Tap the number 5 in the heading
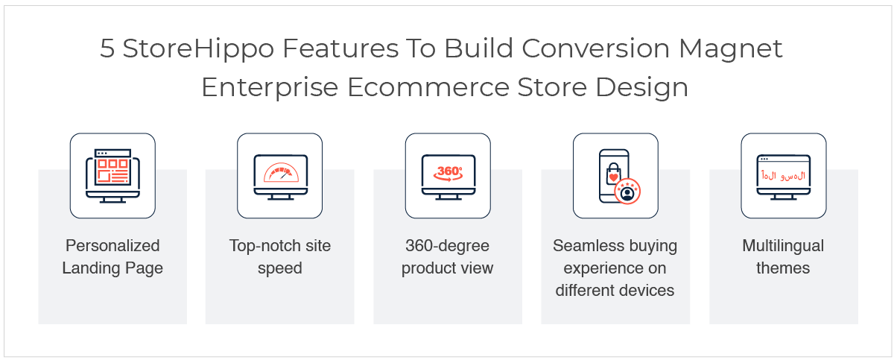pos(107,48)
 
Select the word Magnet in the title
pos(730,49)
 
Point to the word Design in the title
pos(641,88)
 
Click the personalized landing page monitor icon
pos(112,176)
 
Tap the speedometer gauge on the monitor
pos(281,172)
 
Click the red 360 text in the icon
pos(448,171)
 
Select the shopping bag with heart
pos(613,174)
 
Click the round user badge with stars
pos(627,191)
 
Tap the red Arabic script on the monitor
pos(784,176)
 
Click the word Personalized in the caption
pos(112,246)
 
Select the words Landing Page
pos(112,268)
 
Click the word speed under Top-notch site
pos(280,268)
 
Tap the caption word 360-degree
pos(448,246)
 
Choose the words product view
pos(448,268)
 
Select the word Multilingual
pos(783,246)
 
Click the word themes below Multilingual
pos(783,268)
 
